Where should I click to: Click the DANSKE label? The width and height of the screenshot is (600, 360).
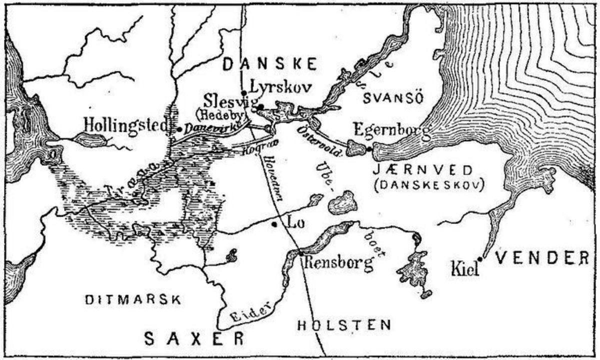(x=269, y=64)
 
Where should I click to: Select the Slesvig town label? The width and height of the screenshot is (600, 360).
(x=229, y=99)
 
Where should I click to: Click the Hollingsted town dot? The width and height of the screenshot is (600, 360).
(x=179, y=128)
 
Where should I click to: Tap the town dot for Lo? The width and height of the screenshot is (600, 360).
(x=274, y=224)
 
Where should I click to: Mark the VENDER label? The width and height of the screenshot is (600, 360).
(x=542, y=258)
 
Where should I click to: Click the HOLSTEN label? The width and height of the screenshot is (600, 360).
(x=343, y=325)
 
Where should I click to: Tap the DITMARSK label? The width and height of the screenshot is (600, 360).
(x=132, y=300)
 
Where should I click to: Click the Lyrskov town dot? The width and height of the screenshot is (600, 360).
(x=243, y=92)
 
